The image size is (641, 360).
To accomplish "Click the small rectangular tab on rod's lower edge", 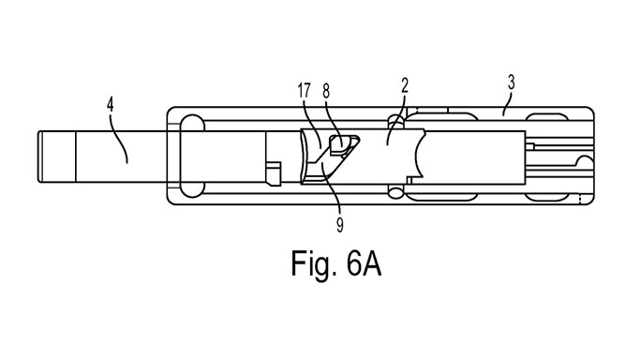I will [x=274, y=172].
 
